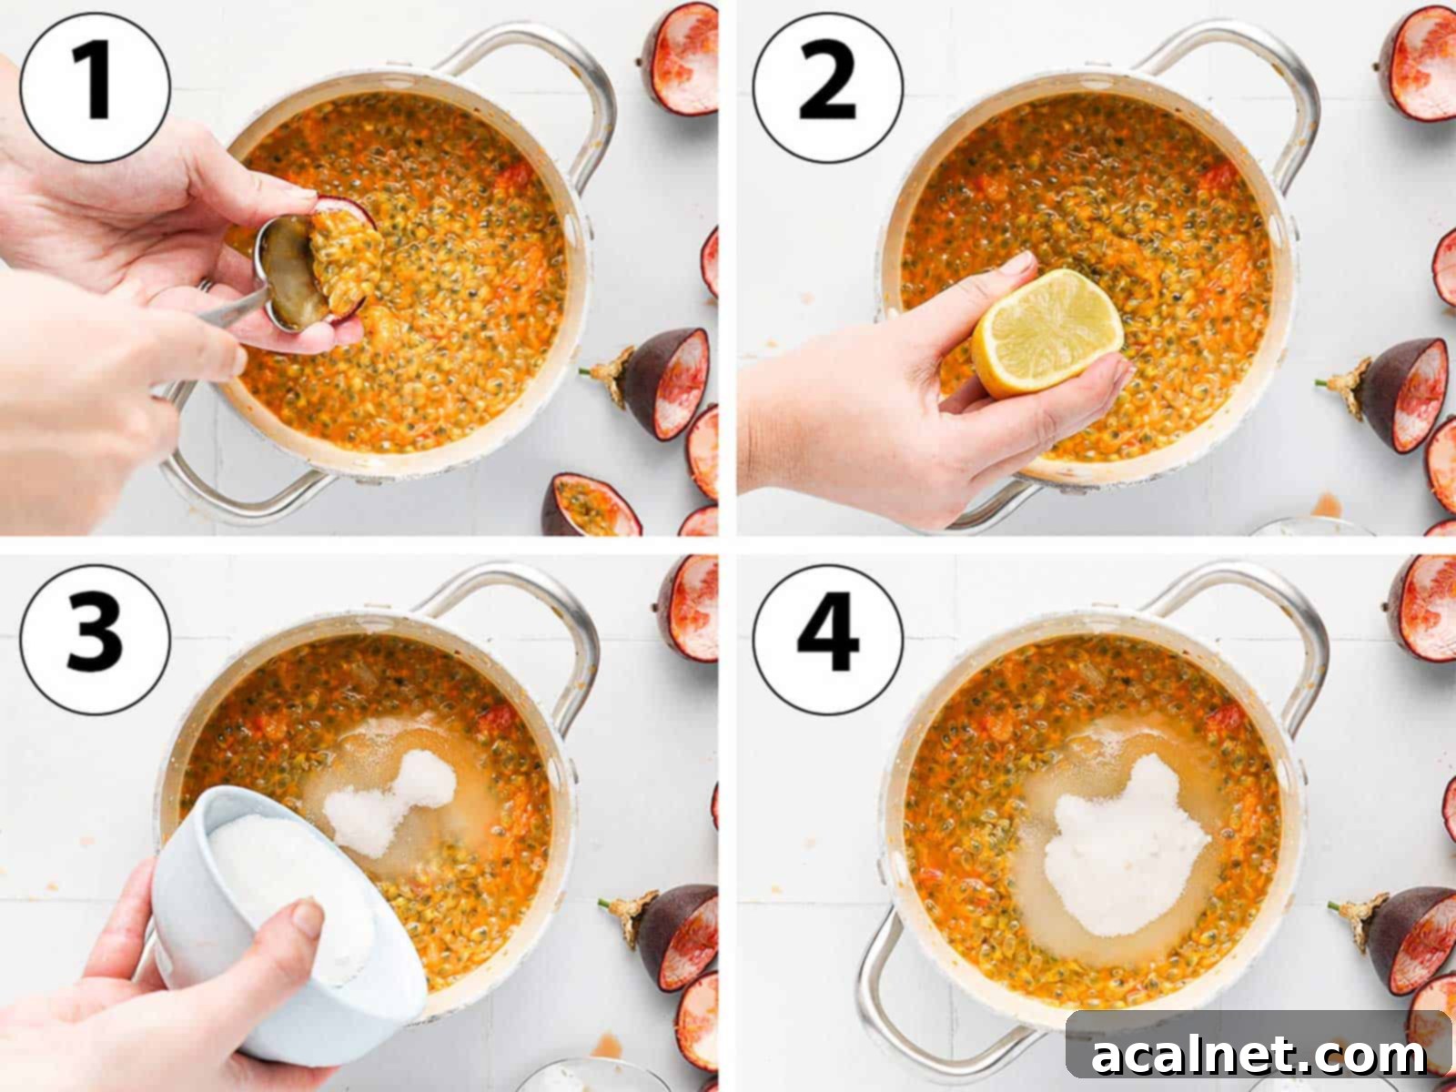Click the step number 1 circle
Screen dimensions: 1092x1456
tap(95, 86)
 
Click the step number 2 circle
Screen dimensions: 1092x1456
tap(828, 86)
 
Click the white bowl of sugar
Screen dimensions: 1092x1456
tap(282, 919)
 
